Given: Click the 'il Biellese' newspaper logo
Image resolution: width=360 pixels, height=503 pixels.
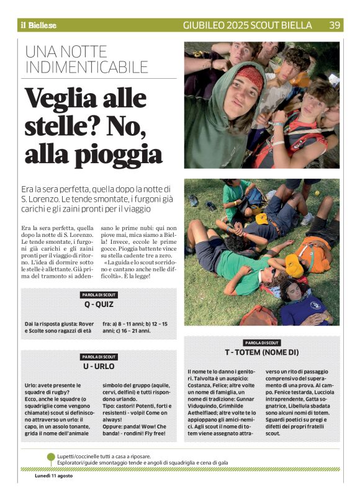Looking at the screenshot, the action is tap(38, 25).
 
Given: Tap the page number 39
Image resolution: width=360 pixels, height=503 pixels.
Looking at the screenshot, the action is tap(335, 25).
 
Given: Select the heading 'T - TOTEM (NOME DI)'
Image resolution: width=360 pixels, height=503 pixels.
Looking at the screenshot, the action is tap(262, 352).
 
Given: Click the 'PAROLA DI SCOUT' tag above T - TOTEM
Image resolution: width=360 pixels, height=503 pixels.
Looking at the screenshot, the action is tap(262, 342).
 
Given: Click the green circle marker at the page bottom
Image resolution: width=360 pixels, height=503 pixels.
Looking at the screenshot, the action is tap(51, 457).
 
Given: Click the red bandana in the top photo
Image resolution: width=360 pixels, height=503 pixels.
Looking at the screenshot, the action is tap(248, 77).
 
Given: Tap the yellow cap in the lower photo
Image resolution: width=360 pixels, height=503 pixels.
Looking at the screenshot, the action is tap(294, 265).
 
